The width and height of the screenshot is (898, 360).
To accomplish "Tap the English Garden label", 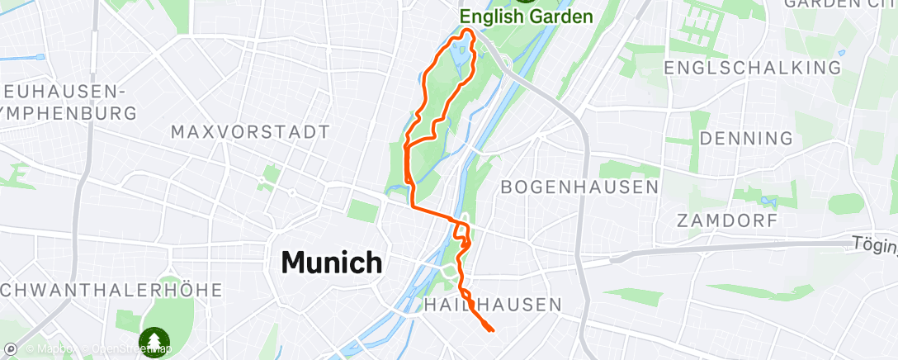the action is [526, 17].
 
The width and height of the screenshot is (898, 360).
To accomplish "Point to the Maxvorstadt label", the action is [250, 131].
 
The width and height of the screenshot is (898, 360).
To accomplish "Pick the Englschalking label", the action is [757, 67].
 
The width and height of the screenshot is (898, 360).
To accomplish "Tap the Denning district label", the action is [746, 137].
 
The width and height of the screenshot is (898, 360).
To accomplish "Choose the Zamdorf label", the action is [727, 220].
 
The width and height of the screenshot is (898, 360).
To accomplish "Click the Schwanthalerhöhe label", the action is [112, 290].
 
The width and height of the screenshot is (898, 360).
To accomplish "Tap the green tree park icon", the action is [154, 339].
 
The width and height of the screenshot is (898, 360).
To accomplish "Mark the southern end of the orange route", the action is [492, 330].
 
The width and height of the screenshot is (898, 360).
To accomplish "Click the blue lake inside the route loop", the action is [460, 56].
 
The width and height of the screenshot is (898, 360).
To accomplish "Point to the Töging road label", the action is [875, 244].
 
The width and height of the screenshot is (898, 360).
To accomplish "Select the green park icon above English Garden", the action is [526, 2].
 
